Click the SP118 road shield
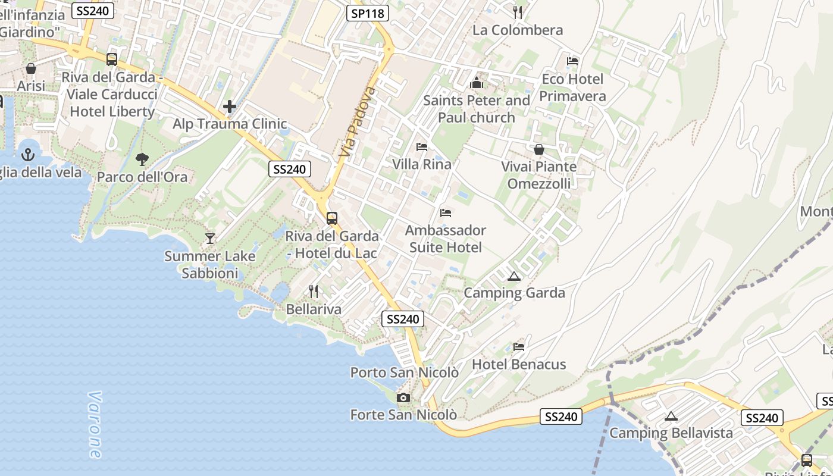click(x=368, y=13)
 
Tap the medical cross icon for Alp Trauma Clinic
click(x=230, y=107)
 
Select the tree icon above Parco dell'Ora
click(x=142, y=159)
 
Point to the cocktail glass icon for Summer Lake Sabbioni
click(x=210, y=239)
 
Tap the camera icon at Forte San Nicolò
click(x=403, y=397)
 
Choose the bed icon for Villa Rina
click(x=422, y=146)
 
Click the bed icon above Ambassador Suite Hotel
click(x=446, y=212)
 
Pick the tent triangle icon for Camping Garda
click(x=513, y=275)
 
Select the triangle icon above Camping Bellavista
click(x=671, y=416)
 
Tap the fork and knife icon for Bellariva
click(x=314, y=292)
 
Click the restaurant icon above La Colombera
click(x=518, y=12)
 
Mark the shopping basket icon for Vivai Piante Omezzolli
click(x=539, y=149)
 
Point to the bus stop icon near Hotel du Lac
click(x=332, y=218)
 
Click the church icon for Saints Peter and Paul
click(x=476, y=83)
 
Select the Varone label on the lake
click(x=95, y=424)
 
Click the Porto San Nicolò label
click(x=404, y=372)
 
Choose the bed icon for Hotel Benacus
click(x=519, y=346)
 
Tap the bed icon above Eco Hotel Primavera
click(x=572, y=61)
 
